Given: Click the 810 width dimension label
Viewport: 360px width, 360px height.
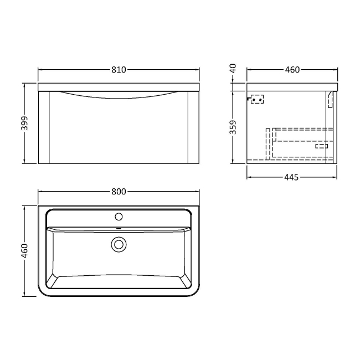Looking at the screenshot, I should (x=119, y=70).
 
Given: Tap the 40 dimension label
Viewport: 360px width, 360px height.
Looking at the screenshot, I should (x=233, y=69).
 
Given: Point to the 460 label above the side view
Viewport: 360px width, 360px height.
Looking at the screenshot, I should (x=292, y=70).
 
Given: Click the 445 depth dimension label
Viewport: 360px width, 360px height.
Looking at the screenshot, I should (x=292, y=177).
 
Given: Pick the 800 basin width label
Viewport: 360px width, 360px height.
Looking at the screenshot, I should (x=117, y=192).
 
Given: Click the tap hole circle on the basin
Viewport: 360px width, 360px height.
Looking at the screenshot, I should (x=118, y=215).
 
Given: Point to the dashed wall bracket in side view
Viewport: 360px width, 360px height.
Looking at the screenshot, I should (x=256, y=100).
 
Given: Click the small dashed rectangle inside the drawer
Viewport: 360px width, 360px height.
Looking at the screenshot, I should (x=321, y=147).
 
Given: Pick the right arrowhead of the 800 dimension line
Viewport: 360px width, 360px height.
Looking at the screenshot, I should (x=197, y=192).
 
